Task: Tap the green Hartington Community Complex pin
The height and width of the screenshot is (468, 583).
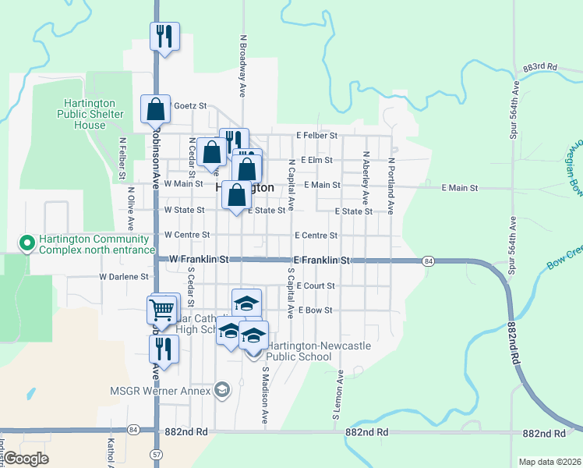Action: pyautogui.click(x=26, y=243)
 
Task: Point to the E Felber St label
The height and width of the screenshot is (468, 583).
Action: pyautogui.click(x=316, y=135)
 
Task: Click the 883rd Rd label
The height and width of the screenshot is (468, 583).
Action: pyautogui.click(x=541, y=68)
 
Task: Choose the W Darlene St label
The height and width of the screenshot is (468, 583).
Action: pyautogui.click(x=123, y=276)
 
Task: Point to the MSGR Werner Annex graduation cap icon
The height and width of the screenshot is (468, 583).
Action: pyautogui.click(x=222, y=390)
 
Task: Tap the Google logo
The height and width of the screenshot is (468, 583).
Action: pyautogui.click(x=26, y=459)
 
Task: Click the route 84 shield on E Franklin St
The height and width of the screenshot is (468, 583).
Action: pyautogui.click(x=429, y=260)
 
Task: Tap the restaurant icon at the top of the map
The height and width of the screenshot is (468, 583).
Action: pyautogui.click(x=164, y=36)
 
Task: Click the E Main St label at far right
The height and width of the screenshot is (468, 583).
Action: pyautogui.click(x=459, y=188)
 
